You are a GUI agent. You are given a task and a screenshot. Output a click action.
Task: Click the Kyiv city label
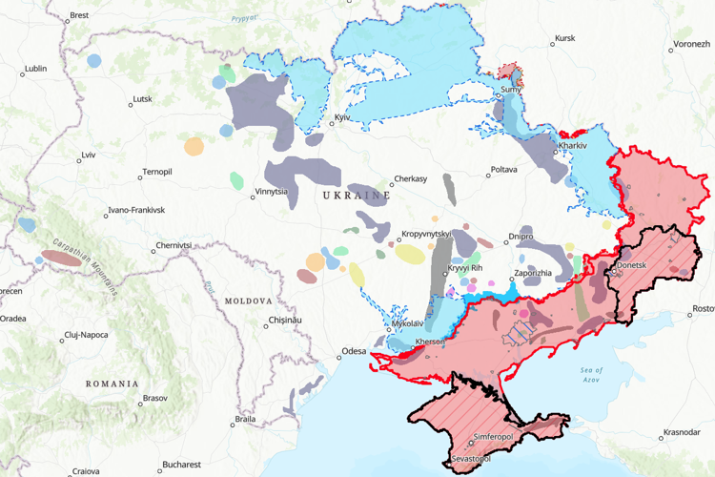(341, 118)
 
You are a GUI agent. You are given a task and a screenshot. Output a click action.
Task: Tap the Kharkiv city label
(573, 145)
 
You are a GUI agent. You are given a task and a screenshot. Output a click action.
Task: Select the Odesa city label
(354, 351)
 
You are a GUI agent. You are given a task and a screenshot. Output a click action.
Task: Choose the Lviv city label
(89, 155)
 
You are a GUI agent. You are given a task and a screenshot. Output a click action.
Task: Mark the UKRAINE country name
(357, 195)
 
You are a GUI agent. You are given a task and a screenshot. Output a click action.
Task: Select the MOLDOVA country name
(248, 301)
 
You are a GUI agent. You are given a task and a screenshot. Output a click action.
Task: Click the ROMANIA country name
(112, 384)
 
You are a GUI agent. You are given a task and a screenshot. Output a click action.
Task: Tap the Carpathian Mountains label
(84, 265)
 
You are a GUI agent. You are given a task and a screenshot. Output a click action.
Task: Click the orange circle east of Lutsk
(194, 146)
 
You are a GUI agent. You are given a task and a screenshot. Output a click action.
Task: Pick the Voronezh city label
(691, 44)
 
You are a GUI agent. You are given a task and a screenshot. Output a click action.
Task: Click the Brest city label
(79, 15)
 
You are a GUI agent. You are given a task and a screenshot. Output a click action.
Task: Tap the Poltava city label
(503, 170)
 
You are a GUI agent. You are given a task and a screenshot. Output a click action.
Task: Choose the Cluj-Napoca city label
(86, 335)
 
